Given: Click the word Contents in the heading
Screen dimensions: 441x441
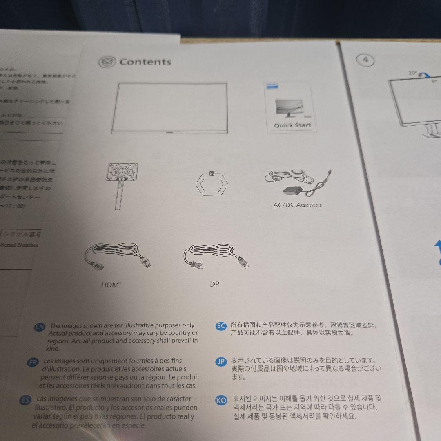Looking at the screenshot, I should tap(145, 62).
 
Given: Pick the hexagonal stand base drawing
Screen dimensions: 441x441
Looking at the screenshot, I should tap(212, 183).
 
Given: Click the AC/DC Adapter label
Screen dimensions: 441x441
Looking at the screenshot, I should tap(297, 205).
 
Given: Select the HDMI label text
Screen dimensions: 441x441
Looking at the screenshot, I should tap(111, 285).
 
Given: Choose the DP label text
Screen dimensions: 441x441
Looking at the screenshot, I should tap(214, 284).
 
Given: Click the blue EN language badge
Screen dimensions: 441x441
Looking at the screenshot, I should tap(40, 327).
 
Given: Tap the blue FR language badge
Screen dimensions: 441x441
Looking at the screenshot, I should tap(32, 362).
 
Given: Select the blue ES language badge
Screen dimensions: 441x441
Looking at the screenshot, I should tap(25, 400).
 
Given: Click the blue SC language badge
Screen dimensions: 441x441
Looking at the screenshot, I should tap(220, 325).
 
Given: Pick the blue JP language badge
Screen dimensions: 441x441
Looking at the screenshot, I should tap(220, 361).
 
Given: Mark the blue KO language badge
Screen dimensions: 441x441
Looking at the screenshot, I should tap(221, 400).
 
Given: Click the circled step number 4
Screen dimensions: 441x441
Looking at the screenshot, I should tap(365, 60).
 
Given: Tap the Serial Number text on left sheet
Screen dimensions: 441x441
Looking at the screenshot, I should tap(19, 245).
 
